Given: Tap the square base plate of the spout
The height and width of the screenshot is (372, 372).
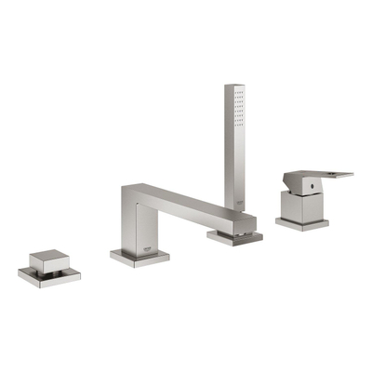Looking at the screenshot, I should click(139, 257).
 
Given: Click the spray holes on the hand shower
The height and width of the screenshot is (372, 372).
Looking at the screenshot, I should click(239, 109).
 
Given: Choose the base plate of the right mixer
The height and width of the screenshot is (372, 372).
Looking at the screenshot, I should click(301, 223).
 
